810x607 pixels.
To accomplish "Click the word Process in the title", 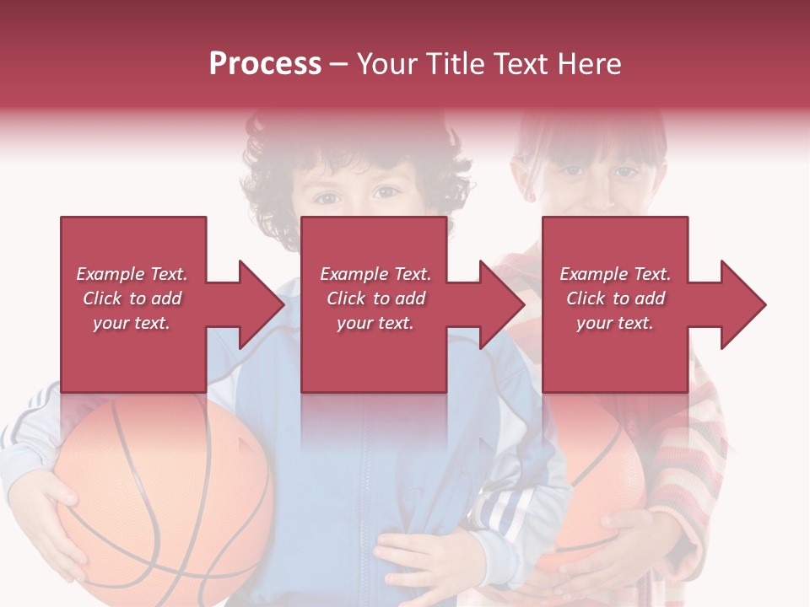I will (x=265, y=64).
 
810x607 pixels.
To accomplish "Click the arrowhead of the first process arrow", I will (x=257, y=304).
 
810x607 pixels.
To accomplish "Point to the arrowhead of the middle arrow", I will (x=499, y=304).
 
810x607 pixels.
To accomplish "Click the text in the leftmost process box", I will (x=132, y=298).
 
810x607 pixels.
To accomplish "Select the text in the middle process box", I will (x=375, y=298).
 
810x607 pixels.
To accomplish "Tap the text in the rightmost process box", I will (x=615, y=298).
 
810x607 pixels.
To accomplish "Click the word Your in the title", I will (x=387, y=64).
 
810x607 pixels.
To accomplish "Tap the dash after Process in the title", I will (x=339, y=64).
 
